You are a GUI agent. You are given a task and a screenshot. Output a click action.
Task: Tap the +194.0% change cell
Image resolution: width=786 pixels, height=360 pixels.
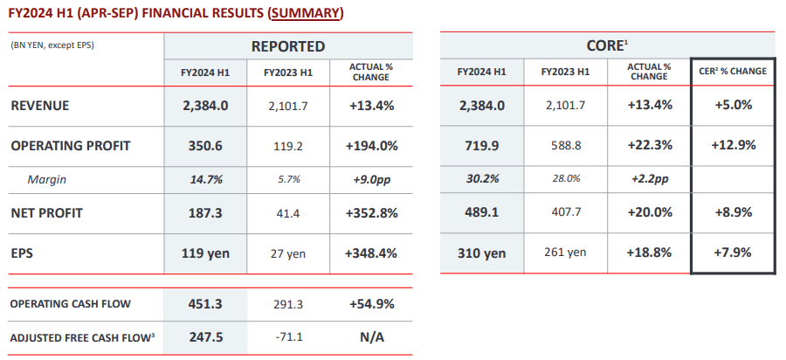(371, 145)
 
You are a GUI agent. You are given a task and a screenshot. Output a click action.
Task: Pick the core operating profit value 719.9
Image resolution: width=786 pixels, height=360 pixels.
(482, 145)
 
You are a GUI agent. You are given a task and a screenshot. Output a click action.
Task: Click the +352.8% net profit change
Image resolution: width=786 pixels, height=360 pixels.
(371, 212)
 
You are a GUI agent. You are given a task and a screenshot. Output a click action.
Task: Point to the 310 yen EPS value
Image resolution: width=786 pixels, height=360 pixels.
(482, 253)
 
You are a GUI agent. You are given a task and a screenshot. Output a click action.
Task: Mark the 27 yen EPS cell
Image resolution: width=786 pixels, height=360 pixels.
(288, 253)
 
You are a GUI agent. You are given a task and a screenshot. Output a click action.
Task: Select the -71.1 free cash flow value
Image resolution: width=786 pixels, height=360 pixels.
(288, 336)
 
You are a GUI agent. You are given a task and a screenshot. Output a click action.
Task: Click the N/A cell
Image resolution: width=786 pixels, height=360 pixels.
(371, 336)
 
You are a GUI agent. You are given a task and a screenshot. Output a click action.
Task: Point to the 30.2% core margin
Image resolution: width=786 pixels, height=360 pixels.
(482, 179)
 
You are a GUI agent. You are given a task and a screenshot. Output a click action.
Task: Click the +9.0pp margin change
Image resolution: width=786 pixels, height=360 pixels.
(371, 179)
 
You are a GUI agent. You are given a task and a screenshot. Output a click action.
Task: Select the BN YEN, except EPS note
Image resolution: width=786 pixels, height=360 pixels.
(52, 45)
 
